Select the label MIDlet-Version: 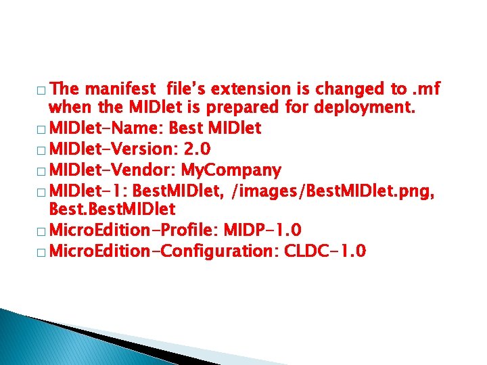115,149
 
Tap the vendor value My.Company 231,170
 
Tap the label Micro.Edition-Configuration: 164,251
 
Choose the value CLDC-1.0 326,251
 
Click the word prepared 240,107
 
